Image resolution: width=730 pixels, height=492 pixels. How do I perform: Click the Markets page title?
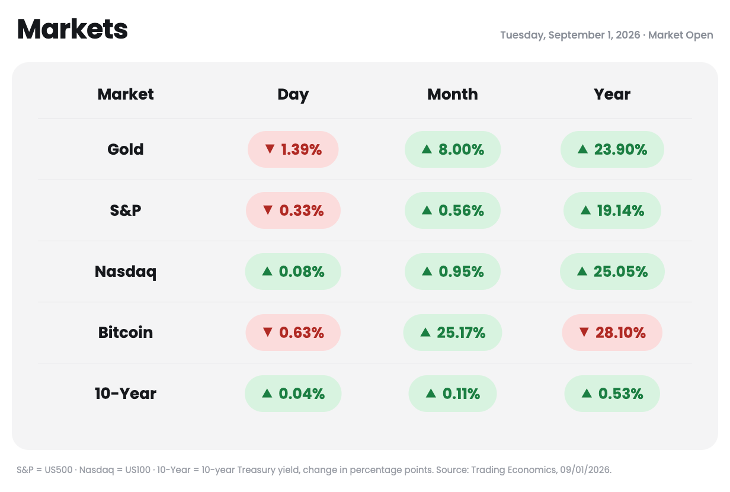[72, 30]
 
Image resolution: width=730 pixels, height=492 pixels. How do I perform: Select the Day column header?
[293, 95]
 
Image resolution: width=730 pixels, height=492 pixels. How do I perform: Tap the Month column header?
[452, 94]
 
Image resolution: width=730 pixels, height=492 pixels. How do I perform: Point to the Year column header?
[612, 94]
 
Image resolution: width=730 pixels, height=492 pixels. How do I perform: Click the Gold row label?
[126, 149]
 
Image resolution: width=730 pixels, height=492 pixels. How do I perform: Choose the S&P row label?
[126, 210]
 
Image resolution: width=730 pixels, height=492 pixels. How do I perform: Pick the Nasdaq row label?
[126, 271]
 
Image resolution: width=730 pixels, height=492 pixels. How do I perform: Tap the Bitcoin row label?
[126, 333]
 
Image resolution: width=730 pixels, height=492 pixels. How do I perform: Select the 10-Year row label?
[126, 394]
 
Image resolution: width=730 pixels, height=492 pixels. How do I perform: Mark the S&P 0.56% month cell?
[452, 210]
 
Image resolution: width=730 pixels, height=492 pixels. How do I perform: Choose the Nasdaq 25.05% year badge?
[612, 271]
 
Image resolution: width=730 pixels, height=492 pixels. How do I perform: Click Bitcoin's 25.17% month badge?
[452, 333]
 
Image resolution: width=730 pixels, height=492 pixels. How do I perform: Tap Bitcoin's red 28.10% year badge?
[612, 333]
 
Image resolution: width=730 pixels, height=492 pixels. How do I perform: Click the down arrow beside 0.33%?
[268, 210]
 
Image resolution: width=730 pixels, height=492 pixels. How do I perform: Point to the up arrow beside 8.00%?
[427, 149]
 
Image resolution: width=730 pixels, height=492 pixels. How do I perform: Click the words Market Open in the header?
[680, 35]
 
